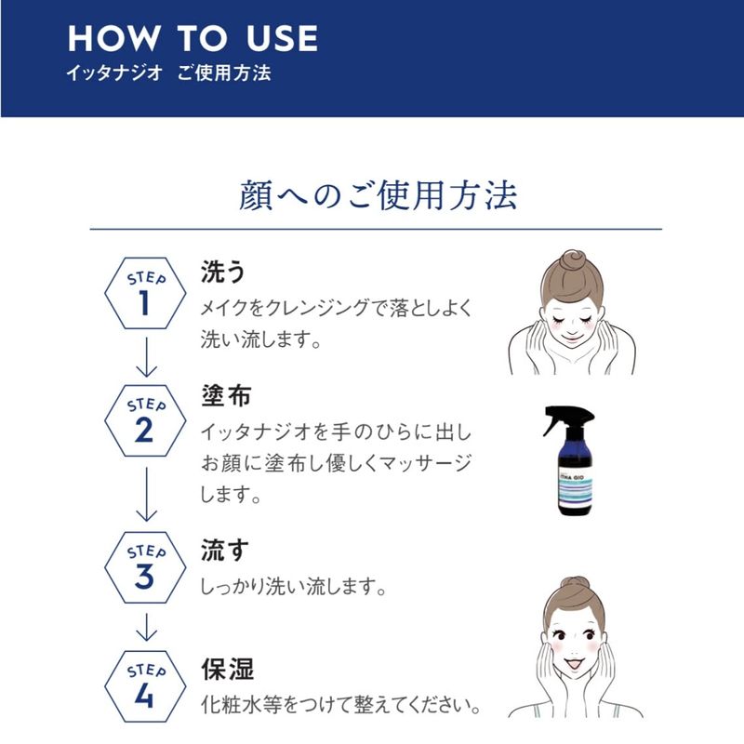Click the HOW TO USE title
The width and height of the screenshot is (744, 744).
coord(193,38)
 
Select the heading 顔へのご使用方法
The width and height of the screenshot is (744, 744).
coord(378,195)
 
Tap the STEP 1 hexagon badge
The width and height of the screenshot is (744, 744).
coord(145,293)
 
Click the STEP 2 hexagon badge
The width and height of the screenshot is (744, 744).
coord(145,421)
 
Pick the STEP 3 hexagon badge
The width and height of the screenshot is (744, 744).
coord(145,567)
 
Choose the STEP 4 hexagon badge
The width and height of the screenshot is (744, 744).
coord(145,686)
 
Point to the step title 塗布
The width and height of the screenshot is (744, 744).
coord(226,395)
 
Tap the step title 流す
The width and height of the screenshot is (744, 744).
coord(225,551)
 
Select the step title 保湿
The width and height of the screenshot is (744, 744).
coord(227,670)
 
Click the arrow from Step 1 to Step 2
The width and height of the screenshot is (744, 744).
coord(146,357)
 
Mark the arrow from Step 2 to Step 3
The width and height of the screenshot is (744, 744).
coord(146,494)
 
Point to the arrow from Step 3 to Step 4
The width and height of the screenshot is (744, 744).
coord(146,627)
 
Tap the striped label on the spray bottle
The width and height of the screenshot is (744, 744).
coord(575,490)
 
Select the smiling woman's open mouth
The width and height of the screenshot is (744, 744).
coord(575,665)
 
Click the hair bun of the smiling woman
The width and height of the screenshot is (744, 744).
coord(575,586)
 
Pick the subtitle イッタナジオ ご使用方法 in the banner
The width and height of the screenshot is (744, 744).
coord(169,73)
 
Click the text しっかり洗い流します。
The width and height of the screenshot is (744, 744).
coord(293,587)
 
